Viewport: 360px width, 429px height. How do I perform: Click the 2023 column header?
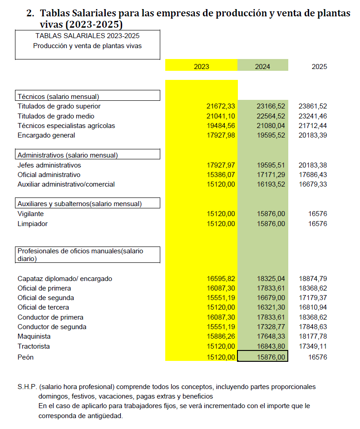click(x=201, y=66)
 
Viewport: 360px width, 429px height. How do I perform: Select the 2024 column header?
click(x=262, y=66)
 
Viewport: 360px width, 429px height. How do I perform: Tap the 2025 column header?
click(x=319, y=66)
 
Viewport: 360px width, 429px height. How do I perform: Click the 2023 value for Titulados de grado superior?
click(x=221, y=106)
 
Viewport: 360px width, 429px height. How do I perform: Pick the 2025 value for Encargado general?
click(x=313, y=135)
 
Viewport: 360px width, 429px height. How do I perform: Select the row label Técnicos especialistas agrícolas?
click(x=66, y=126)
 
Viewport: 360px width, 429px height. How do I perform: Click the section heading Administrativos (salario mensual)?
click(x=68, y=155)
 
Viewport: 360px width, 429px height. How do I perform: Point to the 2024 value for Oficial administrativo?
click(x=271, y=175)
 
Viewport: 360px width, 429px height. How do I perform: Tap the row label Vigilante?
click(x=30, y=214)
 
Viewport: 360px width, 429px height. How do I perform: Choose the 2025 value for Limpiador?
click(x=317, y=224)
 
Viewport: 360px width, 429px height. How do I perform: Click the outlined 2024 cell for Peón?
click(x=263, y=357)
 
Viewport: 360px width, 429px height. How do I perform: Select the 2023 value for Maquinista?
click(x=221, y=337)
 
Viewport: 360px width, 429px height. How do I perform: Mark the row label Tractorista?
click(x=34, y=346)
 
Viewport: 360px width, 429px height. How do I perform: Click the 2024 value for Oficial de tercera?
click(x=271, y=308)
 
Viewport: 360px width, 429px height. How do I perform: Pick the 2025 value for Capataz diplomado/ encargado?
click(x=313, y=279)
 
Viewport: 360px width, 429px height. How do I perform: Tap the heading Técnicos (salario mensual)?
click(x=58, y=96)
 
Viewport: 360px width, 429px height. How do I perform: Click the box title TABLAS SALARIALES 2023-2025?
click(x=87, y=35)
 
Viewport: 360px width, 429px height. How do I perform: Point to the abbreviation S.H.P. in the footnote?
click(x=27, y=387)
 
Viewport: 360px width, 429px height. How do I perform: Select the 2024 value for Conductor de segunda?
click(x=271, y=327)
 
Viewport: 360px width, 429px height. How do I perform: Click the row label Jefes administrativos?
click(x=49, y=165)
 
